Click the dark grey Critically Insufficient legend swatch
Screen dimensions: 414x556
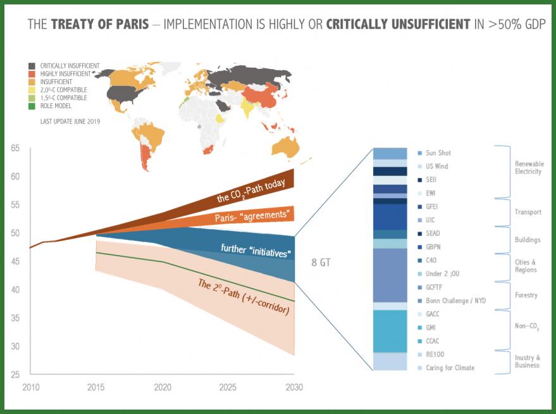point(32,66)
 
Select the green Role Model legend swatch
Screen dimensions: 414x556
point(32,106)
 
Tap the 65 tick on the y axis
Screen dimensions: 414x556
point(15,149)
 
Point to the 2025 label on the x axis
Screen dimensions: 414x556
point(228,387)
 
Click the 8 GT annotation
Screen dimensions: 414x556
point(322,261)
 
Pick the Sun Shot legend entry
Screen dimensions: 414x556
point(438,153)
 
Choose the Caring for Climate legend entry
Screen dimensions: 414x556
point(450,368)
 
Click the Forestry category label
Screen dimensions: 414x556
point(527,295)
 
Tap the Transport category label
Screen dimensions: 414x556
point(528,212)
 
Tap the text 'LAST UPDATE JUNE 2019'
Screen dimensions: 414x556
point(70,120)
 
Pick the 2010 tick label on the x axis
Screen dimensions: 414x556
point(30,387)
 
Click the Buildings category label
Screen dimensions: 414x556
point(528,240)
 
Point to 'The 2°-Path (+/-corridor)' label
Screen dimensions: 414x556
point(244,298)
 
